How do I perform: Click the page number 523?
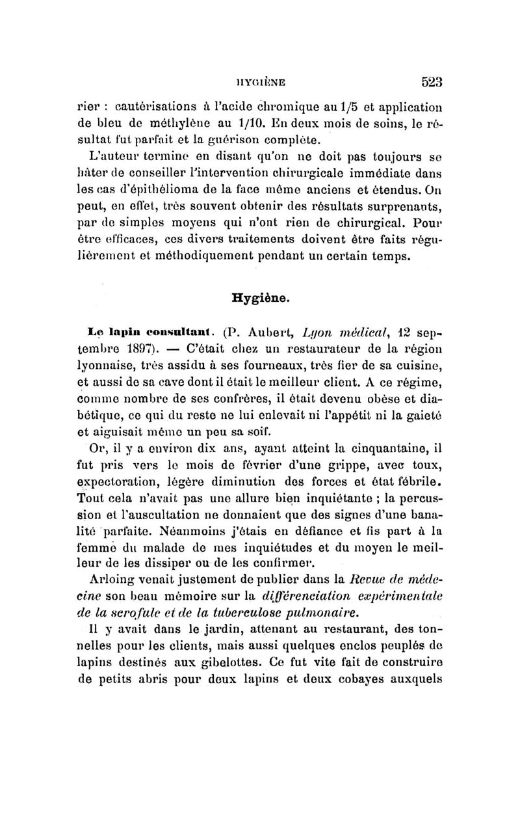432,82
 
